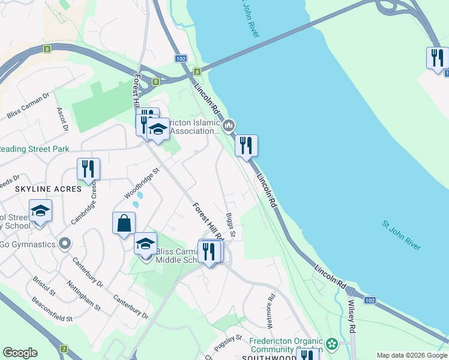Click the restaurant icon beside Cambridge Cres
point(88,170)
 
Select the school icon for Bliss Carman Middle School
point(145,244)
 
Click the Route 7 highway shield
point(64,348)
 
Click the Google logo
point(20,352)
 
